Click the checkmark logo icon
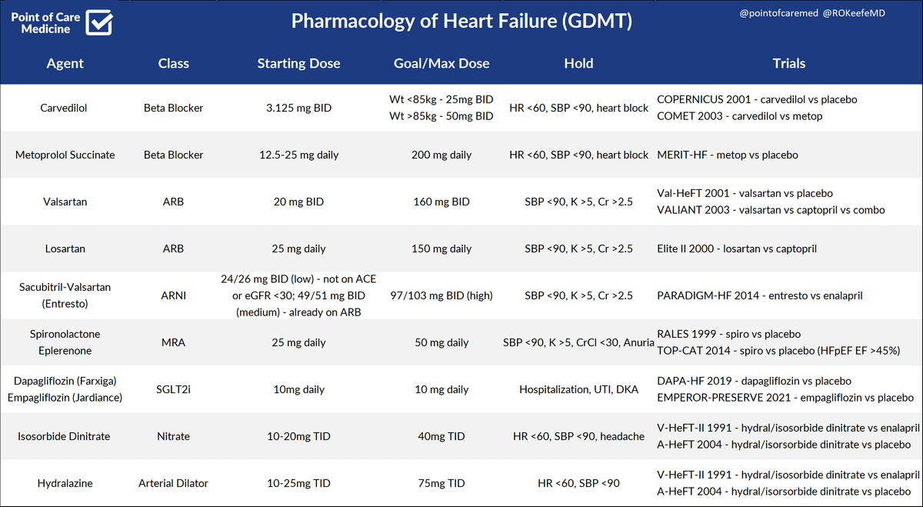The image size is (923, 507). point(101,22)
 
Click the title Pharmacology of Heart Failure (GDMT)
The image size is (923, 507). point(461,22)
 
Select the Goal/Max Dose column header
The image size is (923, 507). point(441,64)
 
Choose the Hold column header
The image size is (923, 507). point(578,64)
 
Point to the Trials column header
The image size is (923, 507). point(788,64)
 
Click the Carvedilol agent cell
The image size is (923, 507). point(64,108)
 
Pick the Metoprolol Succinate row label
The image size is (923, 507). point(65,155)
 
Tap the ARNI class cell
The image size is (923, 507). point(173,295)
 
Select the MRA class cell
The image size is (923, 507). point(173,342)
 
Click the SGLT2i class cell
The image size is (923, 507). point(173,389)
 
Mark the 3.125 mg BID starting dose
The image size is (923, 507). point(298,108)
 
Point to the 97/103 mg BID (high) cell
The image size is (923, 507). point(441,295)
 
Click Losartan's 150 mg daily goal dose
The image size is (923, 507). point(441,248)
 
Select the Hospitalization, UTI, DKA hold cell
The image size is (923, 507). point(578,389)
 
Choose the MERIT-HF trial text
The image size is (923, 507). point(728,155)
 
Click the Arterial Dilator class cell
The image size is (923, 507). point(173,483)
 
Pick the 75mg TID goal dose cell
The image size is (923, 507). point(441,483)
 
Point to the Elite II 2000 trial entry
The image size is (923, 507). point(737,248)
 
